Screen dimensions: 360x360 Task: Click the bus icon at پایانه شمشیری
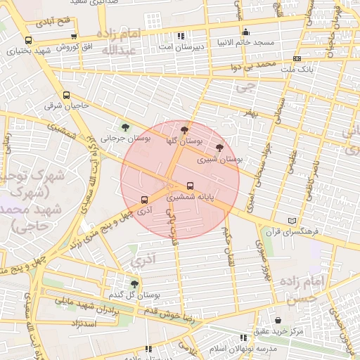(191, 186)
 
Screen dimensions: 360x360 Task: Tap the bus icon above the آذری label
(144, 199)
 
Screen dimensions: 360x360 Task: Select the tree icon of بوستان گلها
(184, 130)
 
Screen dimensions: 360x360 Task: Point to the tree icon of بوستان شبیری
(219, 148)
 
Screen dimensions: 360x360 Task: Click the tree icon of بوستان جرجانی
(125, 127)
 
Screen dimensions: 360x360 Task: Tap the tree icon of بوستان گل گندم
(134, 284)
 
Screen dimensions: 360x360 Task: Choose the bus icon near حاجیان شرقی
(67, 96)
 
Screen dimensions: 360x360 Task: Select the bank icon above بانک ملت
(297, 59)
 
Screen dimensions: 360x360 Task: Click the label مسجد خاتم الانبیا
(246, 43)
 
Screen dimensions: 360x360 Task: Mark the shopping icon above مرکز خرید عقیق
(278, 320)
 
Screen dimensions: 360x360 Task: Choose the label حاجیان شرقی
(59, 106)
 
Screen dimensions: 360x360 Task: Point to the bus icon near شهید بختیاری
(28, 41)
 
